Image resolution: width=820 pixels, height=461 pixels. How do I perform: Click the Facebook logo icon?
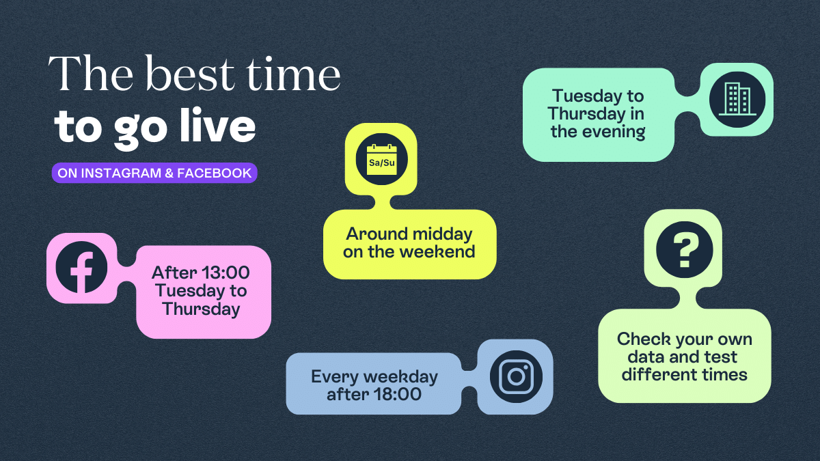click(81, 268)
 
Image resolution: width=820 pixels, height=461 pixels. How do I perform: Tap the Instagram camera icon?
click(516, 376)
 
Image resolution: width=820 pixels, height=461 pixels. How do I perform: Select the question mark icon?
click(684, 249)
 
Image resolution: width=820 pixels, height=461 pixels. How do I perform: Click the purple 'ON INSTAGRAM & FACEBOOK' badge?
click(154, 173)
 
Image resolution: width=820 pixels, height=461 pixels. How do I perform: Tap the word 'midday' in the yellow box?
click(441, 234)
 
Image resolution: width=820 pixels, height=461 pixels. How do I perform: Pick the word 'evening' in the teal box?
click(612, 132)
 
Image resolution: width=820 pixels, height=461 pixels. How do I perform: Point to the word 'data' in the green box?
click(647, 357)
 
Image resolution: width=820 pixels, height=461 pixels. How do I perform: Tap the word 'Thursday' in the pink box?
click(201, 309)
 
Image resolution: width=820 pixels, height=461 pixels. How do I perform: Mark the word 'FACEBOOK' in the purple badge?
click(214, 173)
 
